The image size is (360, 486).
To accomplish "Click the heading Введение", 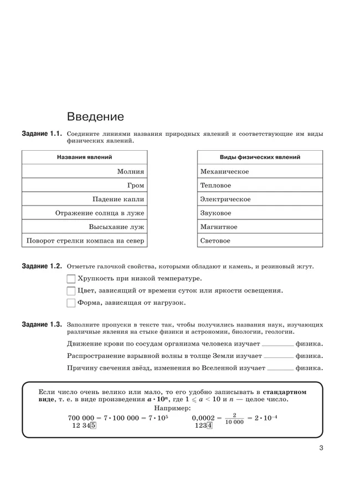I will (95, 117).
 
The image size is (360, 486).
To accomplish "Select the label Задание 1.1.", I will (43, 134).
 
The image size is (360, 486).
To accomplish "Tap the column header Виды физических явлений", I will (260, 157).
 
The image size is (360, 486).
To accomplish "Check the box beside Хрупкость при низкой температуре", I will (70, 279).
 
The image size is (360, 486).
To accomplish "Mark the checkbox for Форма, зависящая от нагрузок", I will (70, 303).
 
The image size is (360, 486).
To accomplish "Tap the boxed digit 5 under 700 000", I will (93, 426).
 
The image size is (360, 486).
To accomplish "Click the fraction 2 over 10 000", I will (234, 418).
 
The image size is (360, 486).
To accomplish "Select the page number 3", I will (321, 449).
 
